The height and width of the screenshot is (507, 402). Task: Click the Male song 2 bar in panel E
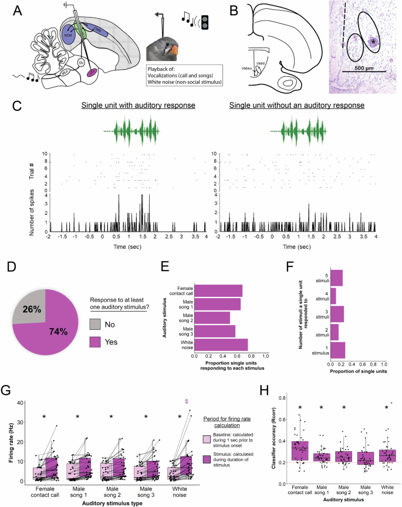pos(212,317)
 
